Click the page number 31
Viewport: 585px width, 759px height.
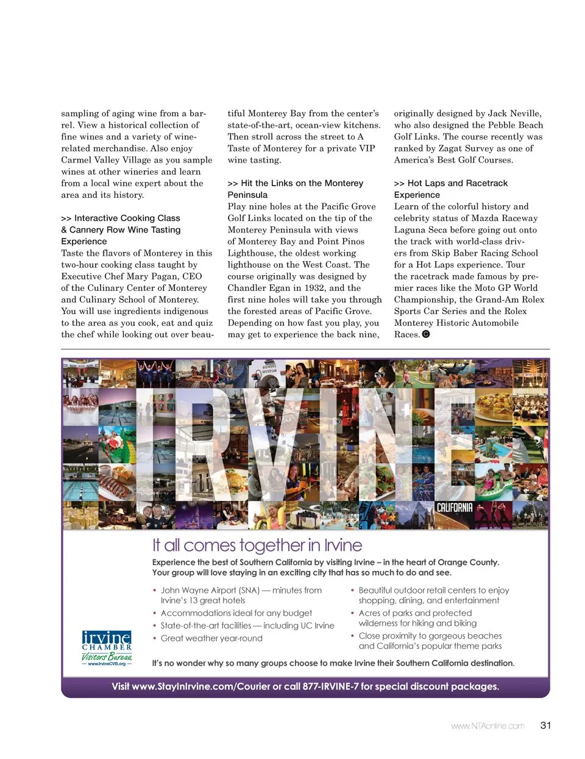click(x=545, y=725)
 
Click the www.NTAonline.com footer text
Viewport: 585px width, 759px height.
click(x=487, y=726)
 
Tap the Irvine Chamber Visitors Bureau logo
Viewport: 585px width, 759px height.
click(x=107, y=646)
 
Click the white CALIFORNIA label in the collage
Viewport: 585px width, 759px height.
click(x=455, y=508)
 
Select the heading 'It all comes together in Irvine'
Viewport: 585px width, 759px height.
click(x=257, y=545)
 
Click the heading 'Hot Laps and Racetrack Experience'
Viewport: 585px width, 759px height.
click(x=451, y=189)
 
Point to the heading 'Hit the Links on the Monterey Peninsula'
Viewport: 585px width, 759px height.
click(x=295, y=189)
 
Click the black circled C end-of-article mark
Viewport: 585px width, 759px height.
click(x=426, y=334)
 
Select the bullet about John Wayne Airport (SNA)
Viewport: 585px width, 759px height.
click(x=241, y=595)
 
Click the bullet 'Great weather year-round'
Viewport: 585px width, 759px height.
click(x=211, y=638)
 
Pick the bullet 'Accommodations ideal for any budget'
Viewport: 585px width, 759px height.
click(x=236, y=613)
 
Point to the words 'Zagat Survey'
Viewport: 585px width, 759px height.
click(x=467, y=149)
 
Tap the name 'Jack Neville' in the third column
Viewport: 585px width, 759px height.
click(x=514, y=113)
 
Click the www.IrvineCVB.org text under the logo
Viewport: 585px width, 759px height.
click(x=107, y=663)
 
